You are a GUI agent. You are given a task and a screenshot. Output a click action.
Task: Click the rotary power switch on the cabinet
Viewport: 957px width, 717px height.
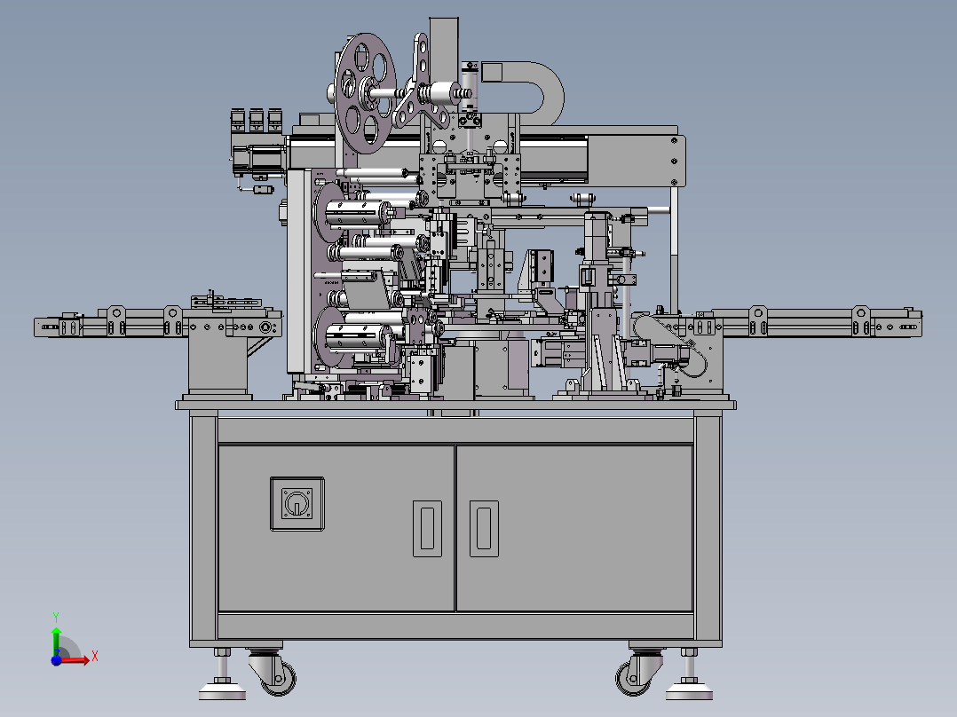297,504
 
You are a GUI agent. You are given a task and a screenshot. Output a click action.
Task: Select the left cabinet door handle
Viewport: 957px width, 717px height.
427,529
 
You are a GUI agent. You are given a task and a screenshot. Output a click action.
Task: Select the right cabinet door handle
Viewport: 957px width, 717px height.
484,529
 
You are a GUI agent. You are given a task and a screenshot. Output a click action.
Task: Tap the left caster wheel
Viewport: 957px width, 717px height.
280,677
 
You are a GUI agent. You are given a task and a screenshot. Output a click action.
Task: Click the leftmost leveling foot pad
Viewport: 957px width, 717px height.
222,690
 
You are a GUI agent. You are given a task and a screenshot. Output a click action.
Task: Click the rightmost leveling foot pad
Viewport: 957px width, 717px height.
689,690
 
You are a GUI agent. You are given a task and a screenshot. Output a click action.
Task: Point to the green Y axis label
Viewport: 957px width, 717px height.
56,617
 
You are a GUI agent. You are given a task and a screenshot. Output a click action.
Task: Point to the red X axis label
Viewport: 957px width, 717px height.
95,657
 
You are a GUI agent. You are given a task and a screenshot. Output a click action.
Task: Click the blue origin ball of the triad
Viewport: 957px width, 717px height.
57,659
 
